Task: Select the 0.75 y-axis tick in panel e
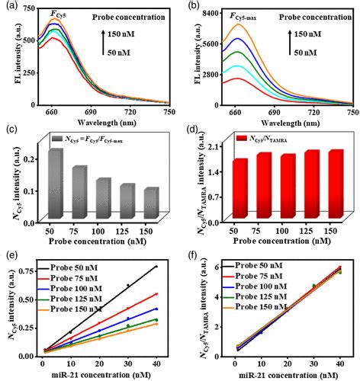(x=31, y=271)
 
